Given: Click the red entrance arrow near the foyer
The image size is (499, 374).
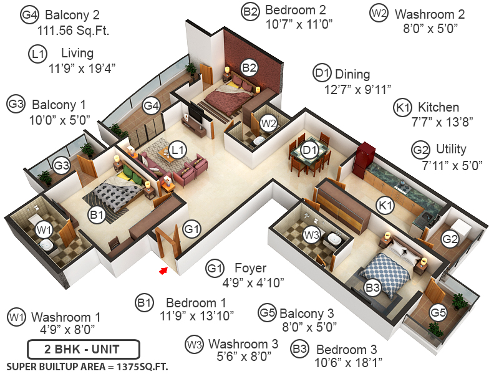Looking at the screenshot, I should point(164,271).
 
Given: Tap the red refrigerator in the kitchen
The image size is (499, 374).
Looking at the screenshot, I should point(364,160).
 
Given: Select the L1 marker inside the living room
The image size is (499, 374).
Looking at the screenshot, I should point(178,150).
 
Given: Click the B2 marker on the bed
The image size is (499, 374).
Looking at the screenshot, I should point(249,68).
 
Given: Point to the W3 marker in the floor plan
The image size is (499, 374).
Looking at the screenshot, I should point(311,234).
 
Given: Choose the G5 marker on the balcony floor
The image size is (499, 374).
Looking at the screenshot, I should point(438,312).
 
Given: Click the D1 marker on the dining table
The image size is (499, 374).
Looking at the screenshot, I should point(310,150).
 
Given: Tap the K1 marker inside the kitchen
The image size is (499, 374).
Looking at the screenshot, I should point(385,204).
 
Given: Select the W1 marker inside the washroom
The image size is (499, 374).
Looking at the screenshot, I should point(44,231).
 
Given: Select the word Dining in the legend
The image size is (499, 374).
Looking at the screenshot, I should point(352,74).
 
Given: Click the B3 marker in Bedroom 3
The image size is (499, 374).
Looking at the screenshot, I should point(372,288).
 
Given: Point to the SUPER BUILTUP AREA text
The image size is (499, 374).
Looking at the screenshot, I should point(87,365).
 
